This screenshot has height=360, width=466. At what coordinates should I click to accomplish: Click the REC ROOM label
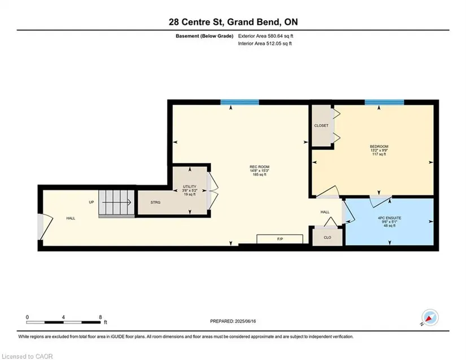(x=259, y=167)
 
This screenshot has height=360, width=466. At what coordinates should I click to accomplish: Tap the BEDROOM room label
(x=379, y=146)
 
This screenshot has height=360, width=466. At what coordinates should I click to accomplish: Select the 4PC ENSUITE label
(x=389, y=218)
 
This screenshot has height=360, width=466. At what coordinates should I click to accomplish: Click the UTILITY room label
(x=190, y=187)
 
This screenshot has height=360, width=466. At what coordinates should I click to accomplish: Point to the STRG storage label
(x=155, y=203)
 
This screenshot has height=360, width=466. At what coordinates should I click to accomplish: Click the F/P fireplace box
(x=280, y=239)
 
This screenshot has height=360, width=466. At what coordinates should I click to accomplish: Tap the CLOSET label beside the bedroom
(x=321, y=125)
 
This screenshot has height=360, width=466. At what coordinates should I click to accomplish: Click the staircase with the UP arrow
(x=116, y=203)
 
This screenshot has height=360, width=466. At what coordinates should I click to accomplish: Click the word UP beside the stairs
(x=92, y=202)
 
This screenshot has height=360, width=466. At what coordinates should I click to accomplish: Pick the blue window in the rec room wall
(x=239, y=102)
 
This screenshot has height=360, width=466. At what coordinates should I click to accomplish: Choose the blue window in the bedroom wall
(x=384, y=102)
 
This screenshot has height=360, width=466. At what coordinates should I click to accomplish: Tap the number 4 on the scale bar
(x=63, y=317)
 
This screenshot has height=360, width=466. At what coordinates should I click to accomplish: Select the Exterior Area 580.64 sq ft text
(x=265, y=36)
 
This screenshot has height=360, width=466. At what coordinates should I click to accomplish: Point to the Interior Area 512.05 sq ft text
(x=265, y=43)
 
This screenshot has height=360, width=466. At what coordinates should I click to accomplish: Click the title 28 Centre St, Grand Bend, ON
(x=233, y=22)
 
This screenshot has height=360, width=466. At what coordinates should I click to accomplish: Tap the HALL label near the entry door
(x=71, y=218)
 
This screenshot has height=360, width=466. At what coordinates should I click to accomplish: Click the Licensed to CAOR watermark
(x=27, y=357)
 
